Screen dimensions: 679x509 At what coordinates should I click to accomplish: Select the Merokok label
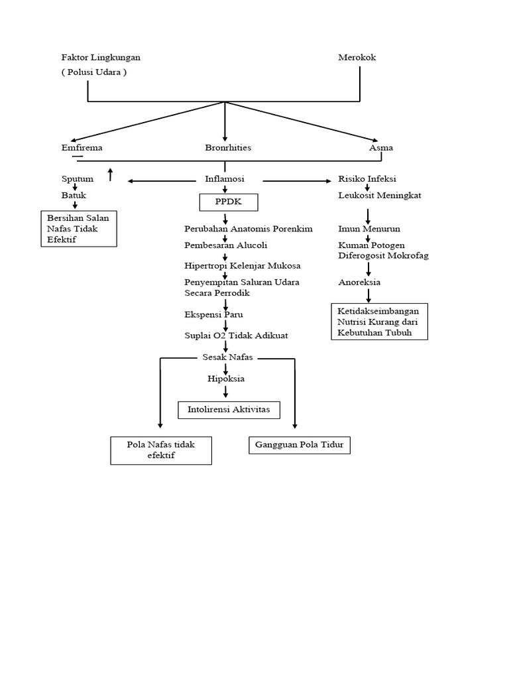357,58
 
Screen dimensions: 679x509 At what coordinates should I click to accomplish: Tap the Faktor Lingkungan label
101,58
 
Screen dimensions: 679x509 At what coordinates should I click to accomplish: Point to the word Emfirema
82,148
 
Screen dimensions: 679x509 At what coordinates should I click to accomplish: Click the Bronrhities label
228,148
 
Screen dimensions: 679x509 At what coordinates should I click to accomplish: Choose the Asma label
380,148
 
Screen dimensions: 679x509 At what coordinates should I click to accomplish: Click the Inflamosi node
225,179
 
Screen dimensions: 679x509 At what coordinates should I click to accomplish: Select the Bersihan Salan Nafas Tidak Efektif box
78,229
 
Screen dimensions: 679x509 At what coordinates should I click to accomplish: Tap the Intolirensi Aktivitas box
229,410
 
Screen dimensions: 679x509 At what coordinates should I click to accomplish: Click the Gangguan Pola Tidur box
299,445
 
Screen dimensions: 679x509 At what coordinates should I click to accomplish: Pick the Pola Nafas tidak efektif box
161,450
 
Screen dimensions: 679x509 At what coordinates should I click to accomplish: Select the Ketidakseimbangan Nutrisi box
379,322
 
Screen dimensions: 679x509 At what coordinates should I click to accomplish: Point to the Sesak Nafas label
227,357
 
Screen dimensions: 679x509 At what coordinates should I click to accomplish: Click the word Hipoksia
226,379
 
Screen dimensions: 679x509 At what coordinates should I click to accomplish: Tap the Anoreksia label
359,282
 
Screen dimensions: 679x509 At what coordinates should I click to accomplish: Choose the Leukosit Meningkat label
379,196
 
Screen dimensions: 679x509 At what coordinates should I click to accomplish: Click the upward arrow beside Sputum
111,174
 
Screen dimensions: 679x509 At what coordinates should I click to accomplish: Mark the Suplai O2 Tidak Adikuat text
236,336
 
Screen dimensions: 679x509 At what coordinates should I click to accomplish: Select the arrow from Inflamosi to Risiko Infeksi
299,180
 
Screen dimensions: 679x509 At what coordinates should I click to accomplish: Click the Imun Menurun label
369,229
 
